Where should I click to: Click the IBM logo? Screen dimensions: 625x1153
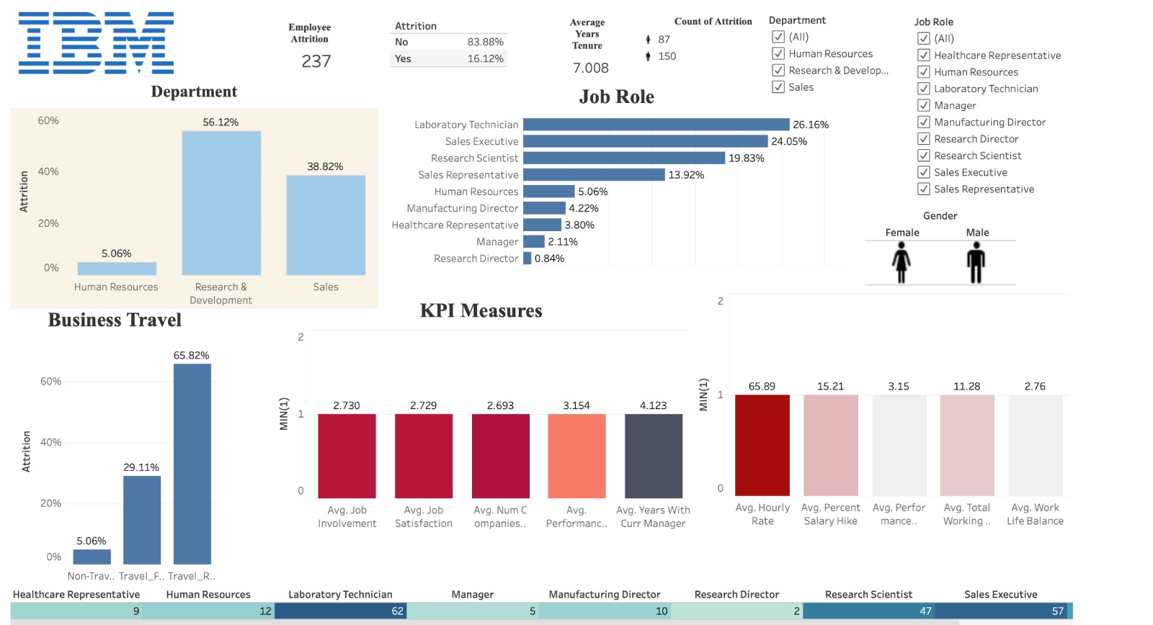coord(96,42)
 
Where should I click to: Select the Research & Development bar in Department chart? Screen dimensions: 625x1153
coord(221,203)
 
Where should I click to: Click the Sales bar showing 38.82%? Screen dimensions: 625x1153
coord(326,225)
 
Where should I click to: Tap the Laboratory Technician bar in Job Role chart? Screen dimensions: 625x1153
coord(656,125)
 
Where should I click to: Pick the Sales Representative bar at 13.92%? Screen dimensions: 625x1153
coord(594,175)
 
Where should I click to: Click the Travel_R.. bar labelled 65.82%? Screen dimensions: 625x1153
coord(192,464)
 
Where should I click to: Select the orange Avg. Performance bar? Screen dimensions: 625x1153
coord(576,456)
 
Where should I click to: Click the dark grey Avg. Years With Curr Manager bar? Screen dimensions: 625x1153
coord(653,456)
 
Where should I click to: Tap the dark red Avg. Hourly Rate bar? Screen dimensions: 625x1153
coord(762,445)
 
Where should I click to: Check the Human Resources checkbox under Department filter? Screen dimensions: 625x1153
coord(778,53)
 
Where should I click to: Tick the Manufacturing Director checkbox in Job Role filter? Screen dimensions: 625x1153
coord(924,122)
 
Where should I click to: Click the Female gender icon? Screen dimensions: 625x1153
coord(902,262)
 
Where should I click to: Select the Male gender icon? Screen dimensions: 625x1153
coord(976,262)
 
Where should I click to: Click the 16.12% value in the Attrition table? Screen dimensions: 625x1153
coord(485,59)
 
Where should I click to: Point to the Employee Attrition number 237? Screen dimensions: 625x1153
coord(316,62)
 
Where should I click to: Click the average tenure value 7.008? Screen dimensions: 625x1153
coord(590,68)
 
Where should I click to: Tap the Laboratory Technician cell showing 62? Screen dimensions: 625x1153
coord(341,611)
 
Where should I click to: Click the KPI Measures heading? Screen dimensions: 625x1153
coord(481,311)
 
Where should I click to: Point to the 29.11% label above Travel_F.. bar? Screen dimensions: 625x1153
coord(141,467)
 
